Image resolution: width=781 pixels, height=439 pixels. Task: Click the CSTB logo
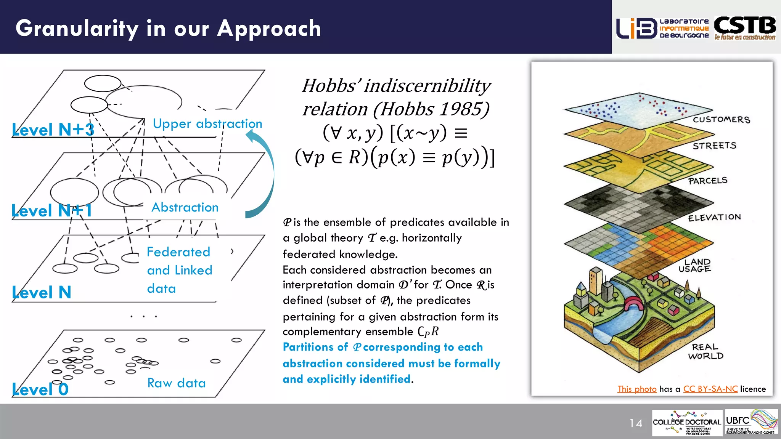coord(745,27)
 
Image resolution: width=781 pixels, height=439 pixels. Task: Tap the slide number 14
coord(636,423)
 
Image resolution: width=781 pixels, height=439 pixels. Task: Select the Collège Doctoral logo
coord(687,423)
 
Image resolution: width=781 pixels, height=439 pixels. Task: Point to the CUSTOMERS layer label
coord(721,120)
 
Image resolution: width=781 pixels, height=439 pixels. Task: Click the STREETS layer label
coord(714,146)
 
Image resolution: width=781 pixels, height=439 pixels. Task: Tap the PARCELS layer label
coord(708,181)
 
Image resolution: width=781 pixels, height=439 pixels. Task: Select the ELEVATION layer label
coord(714,217)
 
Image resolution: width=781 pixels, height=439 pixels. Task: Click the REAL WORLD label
coord(705,351)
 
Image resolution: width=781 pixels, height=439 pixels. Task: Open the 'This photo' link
coord(637,389)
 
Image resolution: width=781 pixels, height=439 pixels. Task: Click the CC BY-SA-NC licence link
coord(710,389)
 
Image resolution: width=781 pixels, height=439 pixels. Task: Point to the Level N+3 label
coord(53,130)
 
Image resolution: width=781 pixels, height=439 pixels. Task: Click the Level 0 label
coord(40,389)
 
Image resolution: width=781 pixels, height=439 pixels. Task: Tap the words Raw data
coord(177,383)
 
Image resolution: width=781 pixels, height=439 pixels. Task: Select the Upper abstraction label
coord(207,123)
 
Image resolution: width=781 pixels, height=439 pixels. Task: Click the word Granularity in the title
coord(77,29)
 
